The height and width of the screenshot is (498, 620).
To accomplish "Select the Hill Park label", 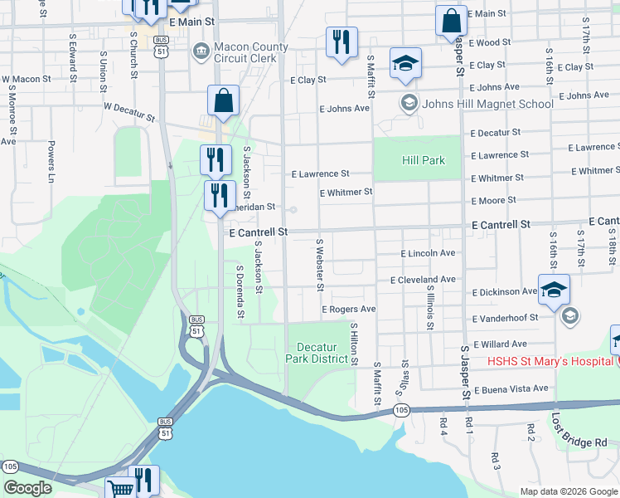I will point(424,160).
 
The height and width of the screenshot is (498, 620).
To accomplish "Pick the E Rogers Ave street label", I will point(349,309).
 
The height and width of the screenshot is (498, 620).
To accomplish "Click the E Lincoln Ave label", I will point(428,253).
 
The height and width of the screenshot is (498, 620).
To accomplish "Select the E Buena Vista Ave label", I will point(511,388).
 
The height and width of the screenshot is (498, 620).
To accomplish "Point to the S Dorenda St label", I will point(240,291).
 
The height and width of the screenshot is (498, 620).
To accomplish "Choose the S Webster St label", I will point(319,265).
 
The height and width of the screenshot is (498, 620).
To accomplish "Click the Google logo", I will point(27,488).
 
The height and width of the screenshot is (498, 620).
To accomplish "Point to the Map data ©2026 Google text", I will point(569,491).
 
